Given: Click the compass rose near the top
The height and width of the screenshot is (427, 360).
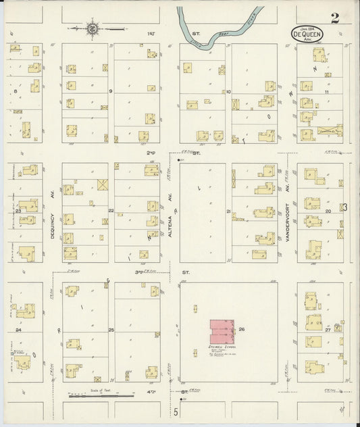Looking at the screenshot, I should (93, 28).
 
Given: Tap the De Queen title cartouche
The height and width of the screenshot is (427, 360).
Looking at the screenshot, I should (307, 33).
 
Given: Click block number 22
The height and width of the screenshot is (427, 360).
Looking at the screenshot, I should (111, 211).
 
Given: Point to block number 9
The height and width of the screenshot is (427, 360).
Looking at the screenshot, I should (111, 91).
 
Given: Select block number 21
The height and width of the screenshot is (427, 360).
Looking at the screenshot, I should (229, 211).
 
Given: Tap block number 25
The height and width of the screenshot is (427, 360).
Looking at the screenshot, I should (111, 330).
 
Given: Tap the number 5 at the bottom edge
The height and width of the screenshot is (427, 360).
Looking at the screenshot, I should (174, 411).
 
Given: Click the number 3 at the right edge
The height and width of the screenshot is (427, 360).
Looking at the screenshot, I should (344, 206).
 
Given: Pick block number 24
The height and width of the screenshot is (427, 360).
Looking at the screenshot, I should (19, 330).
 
